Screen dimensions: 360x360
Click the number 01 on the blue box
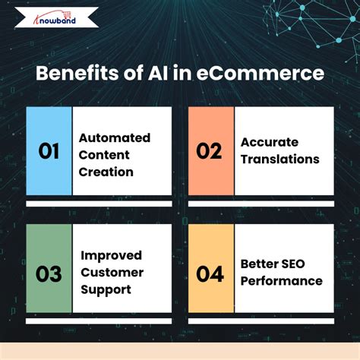click(49, 151)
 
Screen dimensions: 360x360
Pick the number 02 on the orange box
click(210, 151)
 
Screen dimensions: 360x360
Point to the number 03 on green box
click(49, 273)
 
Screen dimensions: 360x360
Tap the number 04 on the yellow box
click(210, 273)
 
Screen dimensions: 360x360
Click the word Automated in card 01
click(115, 137)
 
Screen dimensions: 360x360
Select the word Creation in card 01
click(106, 172)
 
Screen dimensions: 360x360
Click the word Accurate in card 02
click(269, 142)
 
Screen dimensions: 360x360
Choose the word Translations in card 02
click(279, 159)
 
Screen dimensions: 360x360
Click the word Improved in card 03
click(111, 255)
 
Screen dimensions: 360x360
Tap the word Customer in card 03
click(112, 273)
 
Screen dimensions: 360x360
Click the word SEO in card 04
click(292, 264)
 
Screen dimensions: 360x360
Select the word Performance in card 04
click(281, 281)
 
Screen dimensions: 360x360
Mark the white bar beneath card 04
click(261, 324)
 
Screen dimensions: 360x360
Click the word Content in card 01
click(103, 155)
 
